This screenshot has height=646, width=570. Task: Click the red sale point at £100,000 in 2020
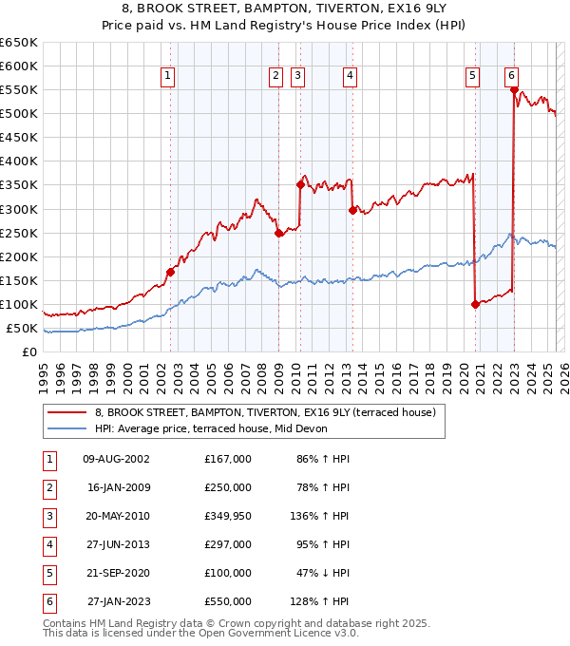(x=475, y=304)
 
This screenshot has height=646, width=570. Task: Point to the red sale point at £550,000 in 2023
(x=514, y=90)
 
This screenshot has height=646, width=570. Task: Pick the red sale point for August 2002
(x=171, y=272)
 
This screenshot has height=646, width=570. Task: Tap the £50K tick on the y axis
(x=23, y=328)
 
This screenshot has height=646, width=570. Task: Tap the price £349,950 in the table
(x=228, y=516)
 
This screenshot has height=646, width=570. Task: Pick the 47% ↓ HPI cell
(x=320, y=573)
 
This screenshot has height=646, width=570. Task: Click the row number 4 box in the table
(x=49, y=544)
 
